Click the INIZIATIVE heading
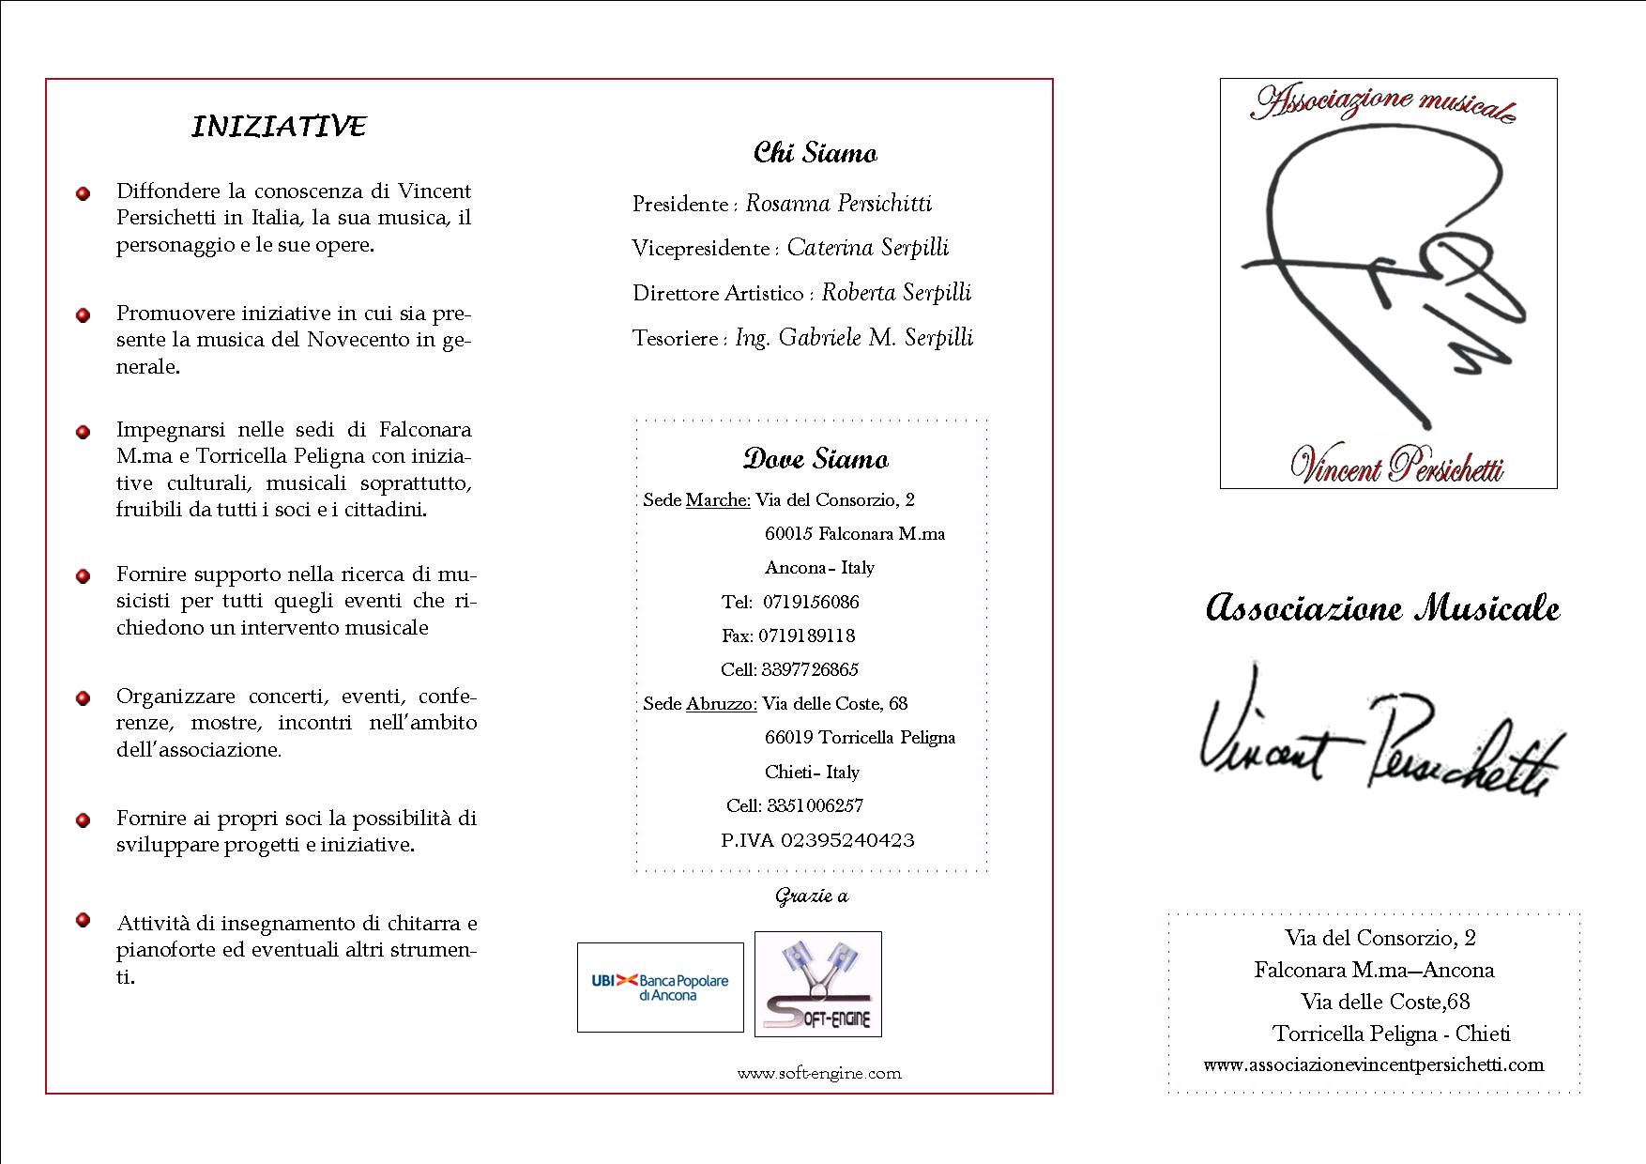coord(279,127)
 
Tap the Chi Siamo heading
coord(815,153)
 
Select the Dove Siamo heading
coord(815,459)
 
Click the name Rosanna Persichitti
coord(838,204)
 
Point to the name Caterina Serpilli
coord(867,248)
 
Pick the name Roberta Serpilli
coord(896,293)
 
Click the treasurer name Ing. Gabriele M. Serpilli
coord(854,338)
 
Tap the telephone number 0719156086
coord(811,602)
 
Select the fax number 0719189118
coord(806,636)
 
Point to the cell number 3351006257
coord(815,805)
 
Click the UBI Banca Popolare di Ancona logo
coord(660,988)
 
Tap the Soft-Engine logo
coord(817,984)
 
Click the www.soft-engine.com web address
coord(818,1073)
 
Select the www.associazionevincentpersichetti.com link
coord(1373,1064)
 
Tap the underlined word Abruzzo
coord(721,704)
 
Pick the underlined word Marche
coord(718,500)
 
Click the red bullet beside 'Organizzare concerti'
coord(84,698)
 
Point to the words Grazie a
coord(811,896)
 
